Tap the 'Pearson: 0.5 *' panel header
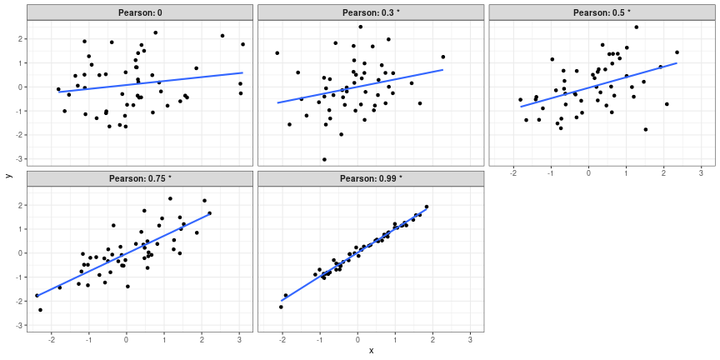(x=602, y=12)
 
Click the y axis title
(x=8, y=175)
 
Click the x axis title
(x=371, y=351)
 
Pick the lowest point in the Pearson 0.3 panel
(x=324, y=159)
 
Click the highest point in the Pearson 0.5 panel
(x=636, y=27)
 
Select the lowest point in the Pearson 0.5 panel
(x=645, y=129)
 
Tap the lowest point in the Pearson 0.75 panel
(x=40, y=310)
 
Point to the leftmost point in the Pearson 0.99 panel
(x=281, y=307)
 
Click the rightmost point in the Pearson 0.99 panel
(x=427, y=207)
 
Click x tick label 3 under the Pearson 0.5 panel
(x=702, y=173)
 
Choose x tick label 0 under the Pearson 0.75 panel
(x=127, y=339)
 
